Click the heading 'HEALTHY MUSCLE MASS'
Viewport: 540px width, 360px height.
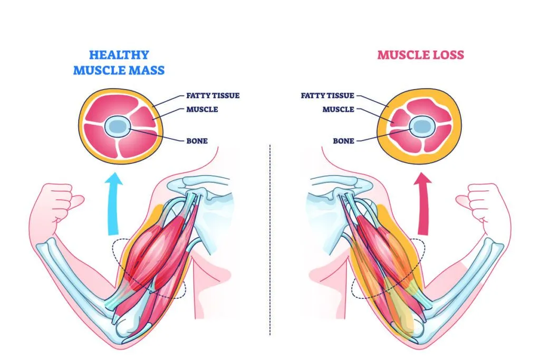click(119, 62)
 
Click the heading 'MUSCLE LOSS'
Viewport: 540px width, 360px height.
click(420, 55)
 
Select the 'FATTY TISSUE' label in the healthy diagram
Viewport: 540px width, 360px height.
click(213, 96)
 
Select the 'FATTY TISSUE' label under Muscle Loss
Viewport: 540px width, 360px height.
click(327, 96)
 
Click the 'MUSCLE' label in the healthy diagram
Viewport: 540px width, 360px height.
click(202, 110)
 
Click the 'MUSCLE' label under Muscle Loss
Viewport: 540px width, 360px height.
click(338, 110)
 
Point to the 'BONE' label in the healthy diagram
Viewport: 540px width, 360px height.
click(197, 141)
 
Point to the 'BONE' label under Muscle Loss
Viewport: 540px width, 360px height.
click(343, 141)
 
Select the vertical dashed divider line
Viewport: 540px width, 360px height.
click(269, 237)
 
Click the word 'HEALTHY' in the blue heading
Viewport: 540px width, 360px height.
click(119, 55)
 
